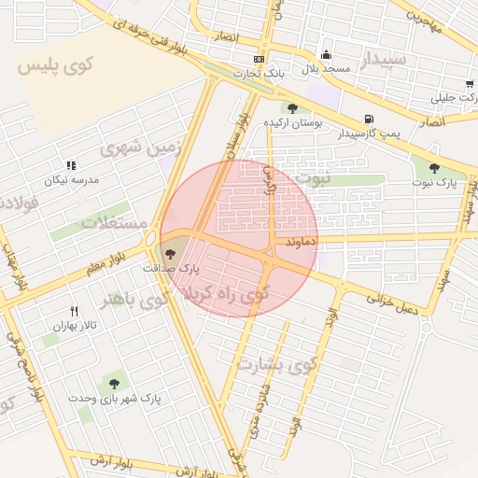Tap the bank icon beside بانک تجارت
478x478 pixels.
pos(259,60)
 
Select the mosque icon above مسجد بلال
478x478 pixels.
pos(326,54)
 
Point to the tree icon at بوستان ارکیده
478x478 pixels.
pos(293,108)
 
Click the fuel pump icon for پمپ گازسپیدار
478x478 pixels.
pos(369,119)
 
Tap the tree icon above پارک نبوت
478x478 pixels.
pos(434,168)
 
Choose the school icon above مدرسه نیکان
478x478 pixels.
pos(72,164)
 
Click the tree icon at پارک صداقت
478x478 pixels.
pos(169,252)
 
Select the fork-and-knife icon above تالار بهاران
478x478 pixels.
pos(75,311)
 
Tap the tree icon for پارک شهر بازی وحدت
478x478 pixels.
pos(115,383)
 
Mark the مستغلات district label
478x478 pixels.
pos(115,222)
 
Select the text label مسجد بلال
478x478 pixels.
pos(326,69)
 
